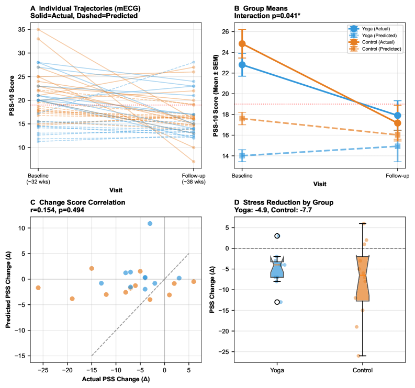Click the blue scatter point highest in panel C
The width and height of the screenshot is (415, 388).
pyautogui.click(x=150, y=223)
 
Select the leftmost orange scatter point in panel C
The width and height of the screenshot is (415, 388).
pyautogui.click(x=38, y=288)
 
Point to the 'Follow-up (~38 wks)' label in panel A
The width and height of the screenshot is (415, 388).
pyautogui.click(x=193, y=179)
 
